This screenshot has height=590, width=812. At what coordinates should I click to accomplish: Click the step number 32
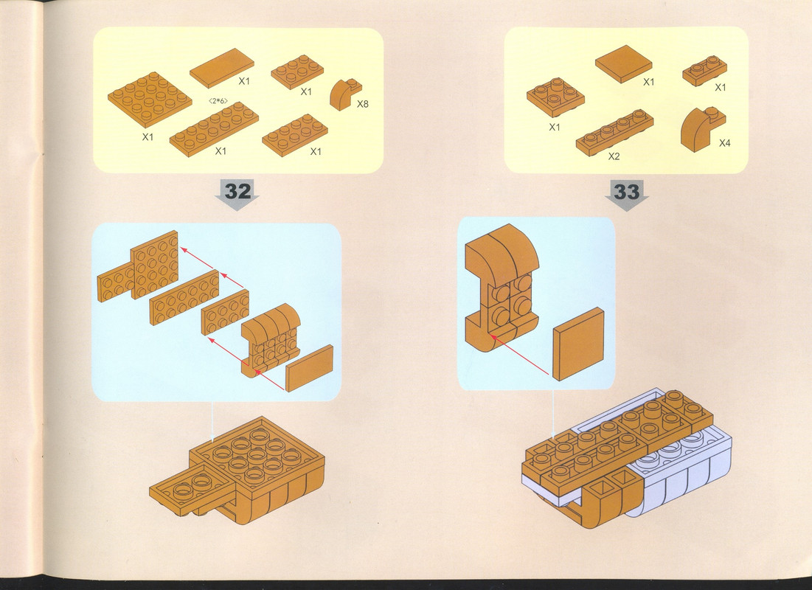[x=238, y=191]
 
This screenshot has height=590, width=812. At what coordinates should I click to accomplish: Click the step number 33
[x=627, y=192]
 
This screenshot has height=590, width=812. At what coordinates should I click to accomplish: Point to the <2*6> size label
[x=218, y=100]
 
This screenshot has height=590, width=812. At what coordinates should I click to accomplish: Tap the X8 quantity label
[x=363, y=104]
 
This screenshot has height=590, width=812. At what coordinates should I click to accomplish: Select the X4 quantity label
[x=724, y=143]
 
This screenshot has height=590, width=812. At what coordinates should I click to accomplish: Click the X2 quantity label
[x=614, y=156]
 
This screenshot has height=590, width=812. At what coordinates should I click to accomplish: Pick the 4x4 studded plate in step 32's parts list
[x=150, y=99]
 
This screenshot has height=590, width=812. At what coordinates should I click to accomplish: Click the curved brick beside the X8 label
[x=345, y=94]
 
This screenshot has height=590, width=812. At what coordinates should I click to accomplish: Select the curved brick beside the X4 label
[x=702, y=128]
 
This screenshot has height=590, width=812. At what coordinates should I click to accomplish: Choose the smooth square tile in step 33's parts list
[x=623, y=63]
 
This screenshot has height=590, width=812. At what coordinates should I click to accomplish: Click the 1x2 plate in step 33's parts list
[x=704, y=71]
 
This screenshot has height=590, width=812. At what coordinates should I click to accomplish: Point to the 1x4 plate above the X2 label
[x=614, y=132]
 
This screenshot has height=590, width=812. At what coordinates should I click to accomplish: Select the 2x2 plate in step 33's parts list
[x=555, y=97]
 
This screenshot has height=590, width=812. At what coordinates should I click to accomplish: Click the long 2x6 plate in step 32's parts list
[x=214, y=127]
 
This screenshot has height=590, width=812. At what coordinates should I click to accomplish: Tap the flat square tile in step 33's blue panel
[x=578, y=344]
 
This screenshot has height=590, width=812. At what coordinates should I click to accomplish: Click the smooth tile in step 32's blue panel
[x=309, y=368]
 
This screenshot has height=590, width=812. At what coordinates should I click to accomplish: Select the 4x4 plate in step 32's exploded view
[x=154, y=265]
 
